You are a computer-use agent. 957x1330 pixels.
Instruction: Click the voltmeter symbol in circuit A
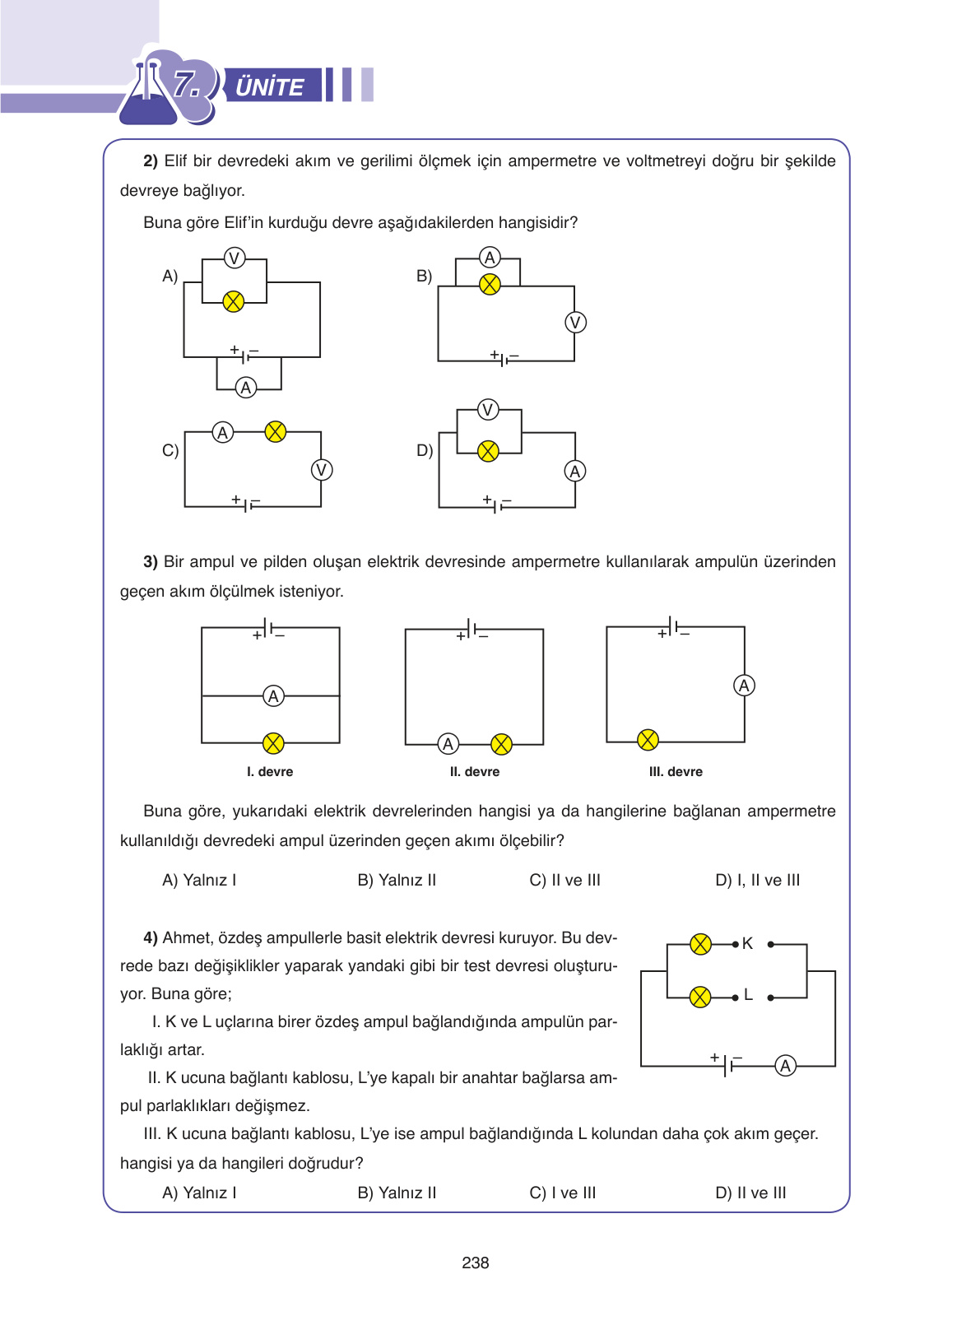(x=235, y=258)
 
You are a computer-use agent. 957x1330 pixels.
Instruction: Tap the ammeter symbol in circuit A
(x=245, y=388)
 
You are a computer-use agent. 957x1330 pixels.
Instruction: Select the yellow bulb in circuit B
(x=490, y=285)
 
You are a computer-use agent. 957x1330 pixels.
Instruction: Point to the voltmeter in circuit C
(x=321, y=470)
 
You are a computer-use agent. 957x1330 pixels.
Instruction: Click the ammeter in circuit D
(x=575, y=471)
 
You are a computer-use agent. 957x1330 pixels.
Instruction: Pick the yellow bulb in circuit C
(x=276, y=431)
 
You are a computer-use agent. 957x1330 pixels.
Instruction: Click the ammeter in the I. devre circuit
(x=273, y=696)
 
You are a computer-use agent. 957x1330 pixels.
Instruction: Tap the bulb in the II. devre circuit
(x=501, y=745)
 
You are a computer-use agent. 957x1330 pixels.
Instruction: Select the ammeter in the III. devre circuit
(x=744, y=686)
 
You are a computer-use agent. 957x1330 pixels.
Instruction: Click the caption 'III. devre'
(x=676, y=772)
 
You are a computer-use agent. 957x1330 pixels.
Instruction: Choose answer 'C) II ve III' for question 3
(x=564, y=880)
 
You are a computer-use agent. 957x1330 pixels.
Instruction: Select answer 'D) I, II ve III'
(x=757, y=880)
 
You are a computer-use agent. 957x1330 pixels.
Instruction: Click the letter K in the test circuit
(x=747, y=944)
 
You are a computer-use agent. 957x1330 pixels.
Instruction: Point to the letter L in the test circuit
(x=748, y=995)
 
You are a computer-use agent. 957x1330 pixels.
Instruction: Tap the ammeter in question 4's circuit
(x=786, y=1066)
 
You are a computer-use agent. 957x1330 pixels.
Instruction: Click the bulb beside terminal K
(x=700, y=944)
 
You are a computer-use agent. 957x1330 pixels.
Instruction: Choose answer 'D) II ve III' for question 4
(x=750, y=1193)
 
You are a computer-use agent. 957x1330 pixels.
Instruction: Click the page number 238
(x=476, y=1263)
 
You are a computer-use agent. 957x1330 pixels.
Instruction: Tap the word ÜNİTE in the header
(x=270, y=87)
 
